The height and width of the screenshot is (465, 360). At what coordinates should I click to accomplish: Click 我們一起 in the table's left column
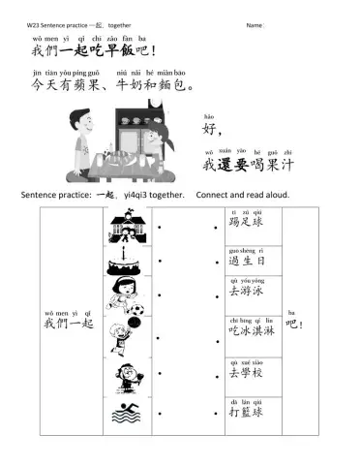68,325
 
